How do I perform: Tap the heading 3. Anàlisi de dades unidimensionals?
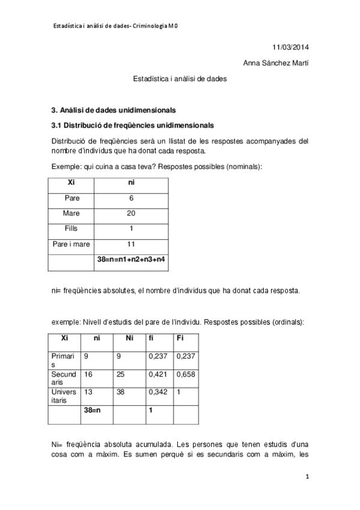pyautogui.click(x=114, y=111)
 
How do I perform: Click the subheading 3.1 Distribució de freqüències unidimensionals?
pyautogui.click(x=132, y=126)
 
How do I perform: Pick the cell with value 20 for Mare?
pyautogui.click(x=131, y=213)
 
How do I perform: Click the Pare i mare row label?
pyautogui.click(x=72, y=244)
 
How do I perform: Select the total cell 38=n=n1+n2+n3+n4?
pyautogui.click(x=131, y=260)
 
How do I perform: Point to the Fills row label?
pyautogui.click(x=72, y=229)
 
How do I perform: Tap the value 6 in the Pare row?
pyautogui.click(x=131, y=197)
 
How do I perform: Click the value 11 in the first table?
pyautogui.click(x=131, y=244)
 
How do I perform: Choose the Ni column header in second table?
pyautogui.click(x=129, y=338)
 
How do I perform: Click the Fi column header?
pyautogui.click(x=180, y=338)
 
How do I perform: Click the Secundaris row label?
pyautogui.click(x=64, y=378)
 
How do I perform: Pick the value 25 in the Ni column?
pyautogui.click(x=122, y=375)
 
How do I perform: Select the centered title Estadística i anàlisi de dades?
pyautogui.click(x=180, y=78)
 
